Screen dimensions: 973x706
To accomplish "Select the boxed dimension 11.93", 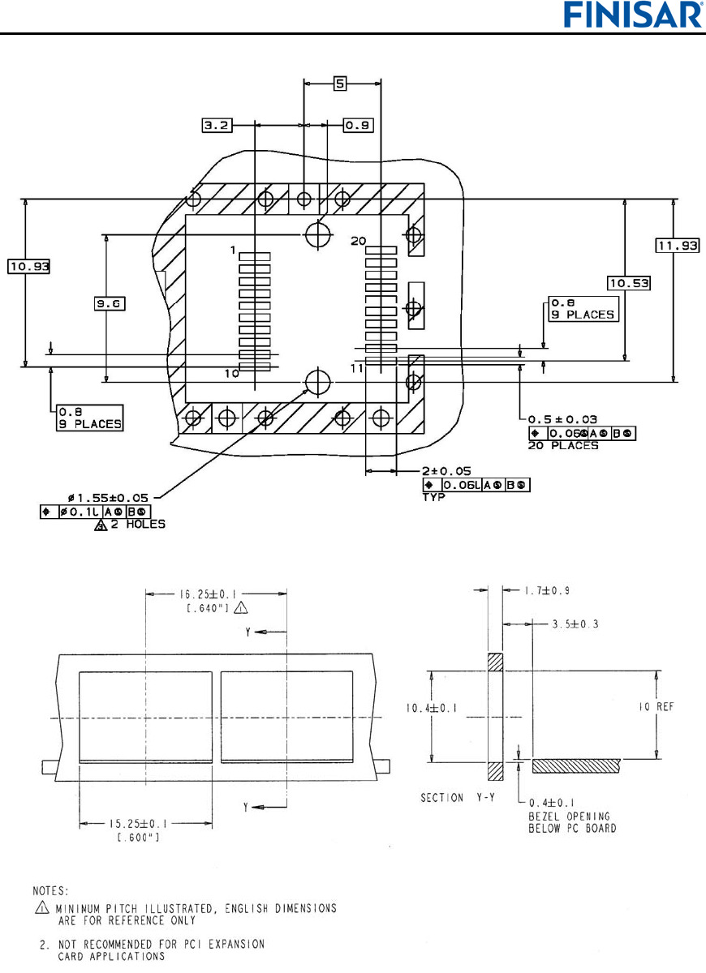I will coord(677,246).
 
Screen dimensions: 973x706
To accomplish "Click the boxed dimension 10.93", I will coord(29,266).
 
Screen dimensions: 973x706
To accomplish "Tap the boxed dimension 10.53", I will coord(630,282).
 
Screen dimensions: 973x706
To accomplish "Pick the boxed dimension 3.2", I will coord(217,126).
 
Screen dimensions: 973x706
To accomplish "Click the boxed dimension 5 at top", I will coord(342,82).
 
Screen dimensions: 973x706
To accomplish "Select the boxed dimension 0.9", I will coord(358,126).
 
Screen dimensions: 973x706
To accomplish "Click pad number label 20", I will coord(359,241).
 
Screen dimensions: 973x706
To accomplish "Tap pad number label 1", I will coord(232,251).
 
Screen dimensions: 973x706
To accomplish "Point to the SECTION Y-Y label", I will coord(454,798).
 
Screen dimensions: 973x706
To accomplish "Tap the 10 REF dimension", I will coord(671,707).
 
